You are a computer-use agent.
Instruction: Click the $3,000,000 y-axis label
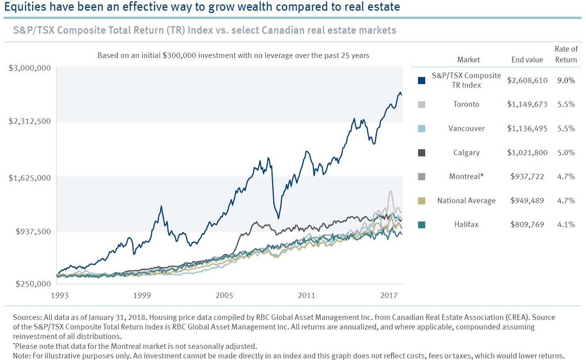[x=30, y=68]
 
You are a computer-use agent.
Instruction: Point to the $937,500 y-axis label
[x=33, y=231]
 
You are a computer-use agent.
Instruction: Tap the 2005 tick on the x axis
[x=224, y=295]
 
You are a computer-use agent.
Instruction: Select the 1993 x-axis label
[x=60, y=295]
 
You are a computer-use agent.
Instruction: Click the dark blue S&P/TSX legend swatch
[x=422, y=81]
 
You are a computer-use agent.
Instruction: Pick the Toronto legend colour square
[x=422, y=104]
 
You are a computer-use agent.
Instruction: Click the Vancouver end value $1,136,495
[x=527, y=129]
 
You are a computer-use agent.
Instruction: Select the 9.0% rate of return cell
[x=566, y=81]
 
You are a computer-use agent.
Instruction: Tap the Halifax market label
[x=466, y=225]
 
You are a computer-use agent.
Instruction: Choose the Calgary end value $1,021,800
[x=527, y=153]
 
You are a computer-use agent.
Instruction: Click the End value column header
[x=527, y=60]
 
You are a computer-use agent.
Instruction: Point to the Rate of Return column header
[x=566, y=54]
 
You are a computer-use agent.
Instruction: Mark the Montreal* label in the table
[x=466, y=177]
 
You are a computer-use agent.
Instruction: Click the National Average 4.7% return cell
[x=566, y=201]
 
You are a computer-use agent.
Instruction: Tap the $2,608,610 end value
[x=527, y=81]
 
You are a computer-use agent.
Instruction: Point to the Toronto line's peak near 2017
[x=391, y=191]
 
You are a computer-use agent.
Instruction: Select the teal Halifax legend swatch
[x=422, y=225]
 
